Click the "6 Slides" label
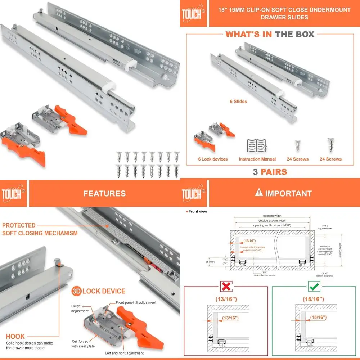tap(238, 102)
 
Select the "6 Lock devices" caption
tap(213, 159)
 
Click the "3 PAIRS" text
tap(270, 172)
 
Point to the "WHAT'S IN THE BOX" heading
tap(270, 35)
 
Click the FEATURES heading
tap(104, 193)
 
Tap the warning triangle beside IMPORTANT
tap(258, 193)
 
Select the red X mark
tap(226, 287)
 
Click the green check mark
tap(313, 287)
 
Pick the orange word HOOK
tap(15, 337)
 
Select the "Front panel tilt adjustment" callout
tap(136, 303)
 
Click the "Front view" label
tap(198, 211)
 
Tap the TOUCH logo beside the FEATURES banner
tap(13, 194)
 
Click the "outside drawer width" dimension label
tap(272, 221)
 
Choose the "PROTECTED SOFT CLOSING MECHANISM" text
tap(40, 229)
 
